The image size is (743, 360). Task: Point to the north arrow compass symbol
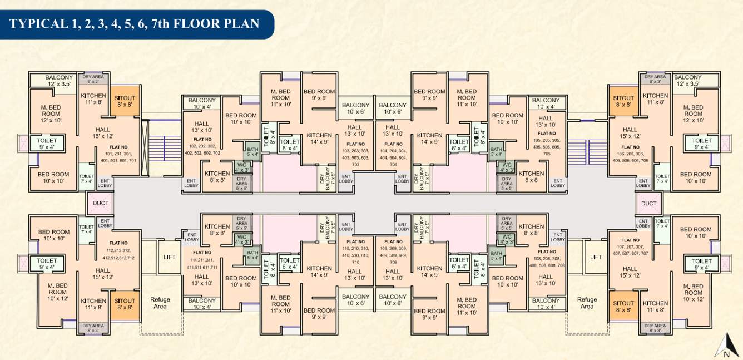point(726,344)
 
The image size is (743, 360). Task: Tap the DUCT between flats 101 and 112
point(101,203)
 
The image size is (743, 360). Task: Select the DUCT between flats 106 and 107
point(648,203)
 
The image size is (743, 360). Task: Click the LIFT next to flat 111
point(169,257)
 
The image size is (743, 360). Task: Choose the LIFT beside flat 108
point(596,257)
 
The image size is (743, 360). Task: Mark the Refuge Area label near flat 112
point(160,303)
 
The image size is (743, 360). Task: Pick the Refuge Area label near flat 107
point(587,303)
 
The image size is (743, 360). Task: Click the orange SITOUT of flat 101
point(125,101)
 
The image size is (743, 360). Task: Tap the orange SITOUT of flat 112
point(125,304)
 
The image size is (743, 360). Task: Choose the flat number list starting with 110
point(356,251)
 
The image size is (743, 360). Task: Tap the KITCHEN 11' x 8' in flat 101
point(93,98)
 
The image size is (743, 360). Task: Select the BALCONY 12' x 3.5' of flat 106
point(687,80)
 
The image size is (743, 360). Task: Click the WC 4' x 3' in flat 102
point(241,168)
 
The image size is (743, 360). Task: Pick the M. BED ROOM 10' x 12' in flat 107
point(693,289)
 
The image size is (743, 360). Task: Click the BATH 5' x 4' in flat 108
point(496,255)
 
